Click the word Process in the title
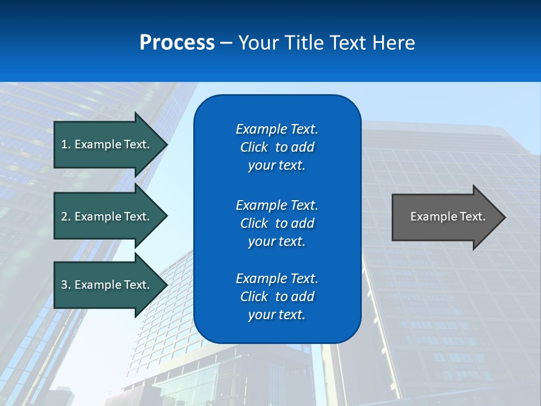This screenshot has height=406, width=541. coord(177,43)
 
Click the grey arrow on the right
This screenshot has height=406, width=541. coord(445,217)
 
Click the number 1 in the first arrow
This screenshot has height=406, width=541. coord(64,144)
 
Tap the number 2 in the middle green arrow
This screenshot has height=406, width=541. coord(64,217)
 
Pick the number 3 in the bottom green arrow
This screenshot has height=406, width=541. coord(64,285)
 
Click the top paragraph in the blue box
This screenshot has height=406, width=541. coord(277,147)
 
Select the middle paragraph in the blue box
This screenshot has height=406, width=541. coord(277,223)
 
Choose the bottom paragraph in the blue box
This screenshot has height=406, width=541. coord(277,297)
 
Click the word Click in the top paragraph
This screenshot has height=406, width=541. coord(254,147)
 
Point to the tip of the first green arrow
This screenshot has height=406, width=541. coord(166,144)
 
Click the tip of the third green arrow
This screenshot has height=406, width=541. coord(166,285)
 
